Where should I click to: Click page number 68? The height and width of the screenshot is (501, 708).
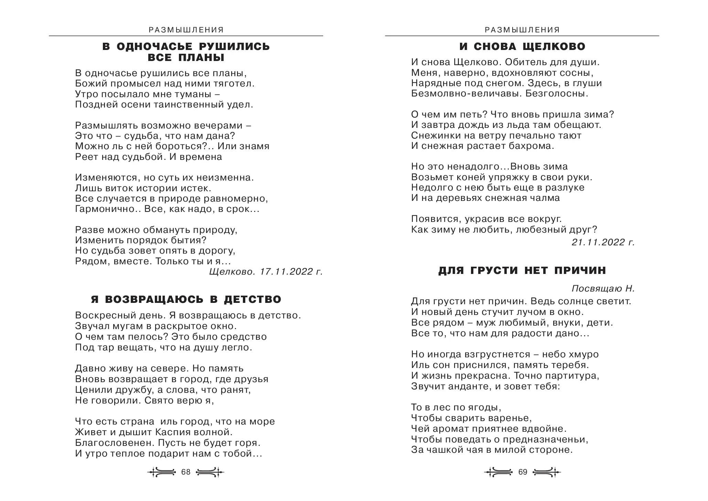186,472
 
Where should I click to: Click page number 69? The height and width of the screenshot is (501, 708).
523,472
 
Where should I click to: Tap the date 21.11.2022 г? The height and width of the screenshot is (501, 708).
603,243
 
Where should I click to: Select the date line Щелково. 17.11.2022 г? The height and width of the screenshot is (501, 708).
266,272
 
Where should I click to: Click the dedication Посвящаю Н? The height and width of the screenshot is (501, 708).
603,288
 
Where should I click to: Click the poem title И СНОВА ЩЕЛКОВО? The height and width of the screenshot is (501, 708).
522,46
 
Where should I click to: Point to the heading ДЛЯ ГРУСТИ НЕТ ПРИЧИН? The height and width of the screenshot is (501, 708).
522,270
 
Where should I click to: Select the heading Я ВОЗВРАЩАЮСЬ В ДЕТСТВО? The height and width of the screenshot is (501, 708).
186,299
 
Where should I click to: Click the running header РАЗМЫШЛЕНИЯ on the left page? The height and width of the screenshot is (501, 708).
186,30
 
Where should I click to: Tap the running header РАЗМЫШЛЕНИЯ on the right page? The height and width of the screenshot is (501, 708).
522,30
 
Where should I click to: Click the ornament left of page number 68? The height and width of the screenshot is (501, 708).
162,472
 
